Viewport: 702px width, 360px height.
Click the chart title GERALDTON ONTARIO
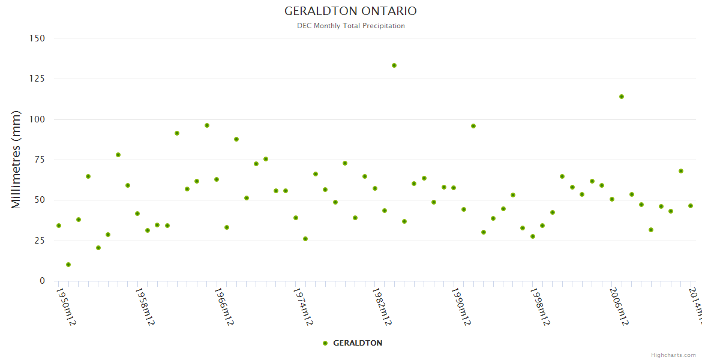[350, 11]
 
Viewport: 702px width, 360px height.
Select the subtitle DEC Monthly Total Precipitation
[350, 26]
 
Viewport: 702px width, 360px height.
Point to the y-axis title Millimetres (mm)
[16, 160]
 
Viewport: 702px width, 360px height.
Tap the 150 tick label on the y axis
[37, 38]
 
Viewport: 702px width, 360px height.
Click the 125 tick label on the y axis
[37, 79]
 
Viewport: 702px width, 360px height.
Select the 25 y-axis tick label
[40, 241]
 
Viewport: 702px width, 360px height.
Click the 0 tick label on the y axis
[42, 281]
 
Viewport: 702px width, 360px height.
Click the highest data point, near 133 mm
[394, 65]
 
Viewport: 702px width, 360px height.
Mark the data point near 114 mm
[622, 97]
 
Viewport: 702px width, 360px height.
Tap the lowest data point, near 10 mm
[68, 265]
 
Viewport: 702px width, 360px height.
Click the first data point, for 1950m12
[58, 226]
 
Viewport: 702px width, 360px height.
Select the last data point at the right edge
[691, 206]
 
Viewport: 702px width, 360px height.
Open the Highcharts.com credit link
[673, 355]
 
